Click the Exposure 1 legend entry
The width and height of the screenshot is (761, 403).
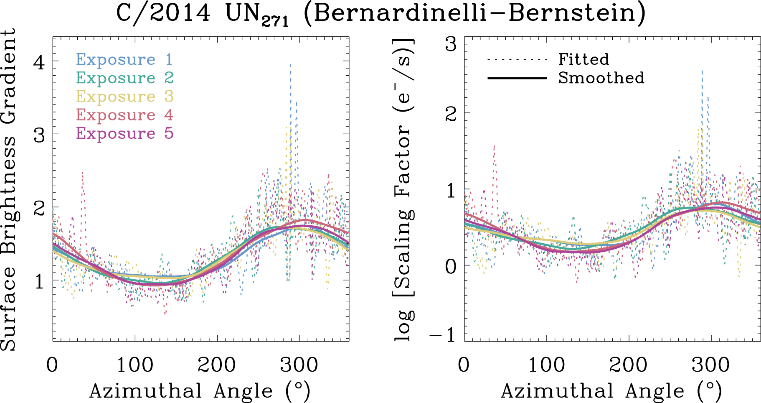tap(124, 60)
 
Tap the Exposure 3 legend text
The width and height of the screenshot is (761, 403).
tap(124, 97)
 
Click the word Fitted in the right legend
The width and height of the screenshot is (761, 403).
tap(584, 60)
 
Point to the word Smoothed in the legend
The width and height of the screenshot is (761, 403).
tap(601, 78)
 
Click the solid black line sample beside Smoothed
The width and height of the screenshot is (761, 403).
tap(517, 78)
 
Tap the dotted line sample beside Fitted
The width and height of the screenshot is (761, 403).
tap(517, 60)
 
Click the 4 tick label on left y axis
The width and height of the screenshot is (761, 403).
tap(39, 62)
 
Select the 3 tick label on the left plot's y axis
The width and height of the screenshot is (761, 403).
tap(39, 135)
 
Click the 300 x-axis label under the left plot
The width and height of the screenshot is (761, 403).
tap(299, 365)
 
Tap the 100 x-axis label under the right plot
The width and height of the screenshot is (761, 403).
tap(546, 365)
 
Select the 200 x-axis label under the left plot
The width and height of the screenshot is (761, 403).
tap(217, 365)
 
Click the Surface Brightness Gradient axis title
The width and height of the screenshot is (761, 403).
tap(8, 189)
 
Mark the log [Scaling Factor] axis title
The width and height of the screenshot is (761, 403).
tap(403, 189)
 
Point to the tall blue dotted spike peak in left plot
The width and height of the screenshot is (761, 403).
tap(290, 65)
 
